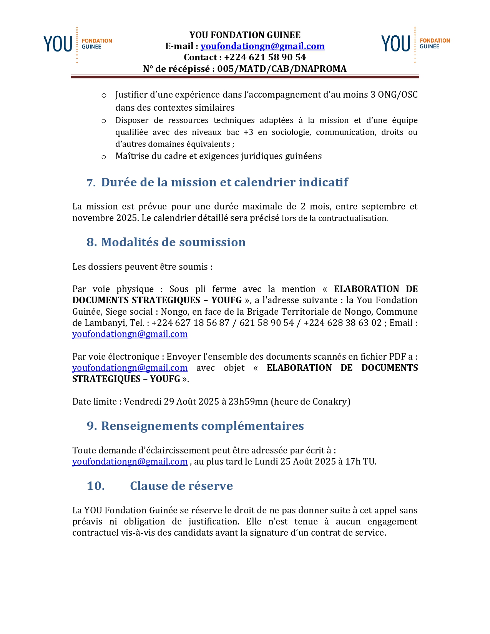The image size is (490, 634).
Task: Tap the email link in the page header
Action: point(262,46)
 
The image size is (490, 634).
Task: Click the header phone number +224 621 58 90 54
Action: point(265,57)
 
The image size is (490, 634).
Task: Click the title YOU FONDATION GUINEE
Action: point(245,35)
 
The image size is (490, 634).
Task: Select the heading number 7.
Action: point(91,183)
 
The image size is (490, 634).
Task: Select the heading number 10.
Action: point(96,486)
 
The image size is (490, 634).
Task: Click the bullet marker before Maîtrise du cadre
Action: point(104,157)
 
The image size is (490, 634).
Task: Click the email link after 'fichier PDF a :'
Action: point(130,368)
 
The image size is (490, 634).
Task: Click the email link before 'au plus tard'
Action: point(130,461)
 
